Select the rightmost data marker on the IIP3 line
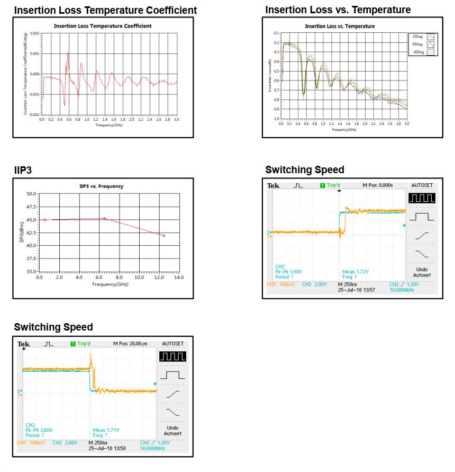point(164,236)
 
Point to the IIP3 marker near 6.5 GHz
point(104,218)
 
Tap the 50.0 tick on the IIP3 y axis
point(30,194)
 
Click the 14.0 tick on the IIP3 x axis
point(179,277)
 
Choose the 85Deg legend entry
point(418,44)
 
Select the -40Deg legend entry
point(418,52)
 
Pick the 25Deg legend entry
point(418,36)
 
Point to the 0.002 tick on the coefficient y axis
point(34,33)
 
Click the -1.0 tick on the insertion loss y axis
point(276,119)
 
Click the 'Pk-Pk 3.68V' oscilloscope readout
point(39,430)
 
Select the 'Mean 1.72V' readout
point(356,272)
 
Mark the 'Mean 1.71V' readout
point(106,430)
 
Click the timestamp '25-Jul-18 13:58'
point(107,448)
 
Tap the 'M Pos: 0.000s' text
point(377,185)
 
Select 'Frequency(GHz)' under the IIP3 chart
point(110,284)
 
